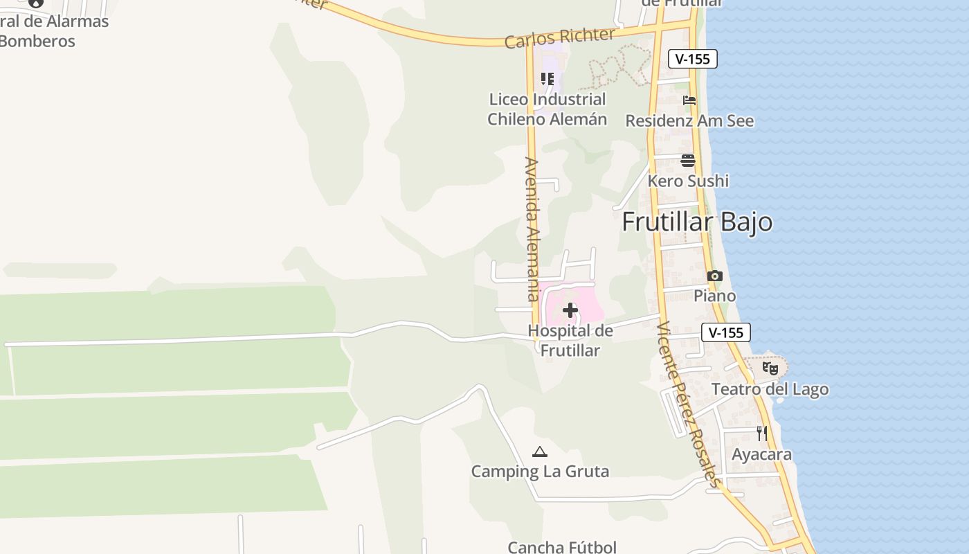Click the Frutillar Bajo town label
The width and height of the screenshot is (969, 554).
[697, 222]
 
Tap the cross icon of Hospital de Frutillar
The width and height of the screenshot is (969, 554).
[570, 310]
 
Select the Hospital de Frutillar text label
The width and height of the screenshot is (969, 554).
[570, 341]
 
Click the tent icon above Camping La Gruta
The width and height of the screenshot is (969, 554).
[540, 452]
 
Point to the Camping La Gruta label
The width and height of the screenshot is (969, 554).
[540, 472]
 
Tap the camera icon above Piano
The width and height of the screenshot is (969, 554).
[715, 276]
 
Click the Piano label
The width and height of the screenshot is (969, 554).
[715, 296]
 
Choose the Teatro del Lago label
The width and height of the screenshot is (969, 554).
[770, 389]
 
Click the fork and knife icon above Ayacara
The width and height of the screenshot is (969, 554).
[762, 434]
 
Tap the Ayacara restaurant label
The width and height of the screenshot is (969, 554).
[762, 454]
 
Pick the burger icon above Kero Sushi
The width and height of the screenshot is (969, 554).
[688, 161]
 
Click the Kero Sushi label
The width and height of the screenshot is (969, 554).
[688, 181]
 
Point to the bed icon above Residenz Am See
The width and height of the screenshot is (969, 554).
[689, 100]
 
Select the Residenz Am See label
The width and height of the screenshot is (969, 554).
[689, 120]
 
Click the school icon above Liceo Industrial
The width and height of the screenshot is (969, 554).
[547, 79]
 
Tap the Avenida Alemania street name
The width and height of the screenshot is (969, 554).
[532, 229]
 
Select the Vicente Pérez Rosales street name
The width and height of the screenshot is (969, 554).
[689, 404]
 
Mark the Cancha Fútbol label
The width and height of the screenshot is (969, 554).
[562, 547]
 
